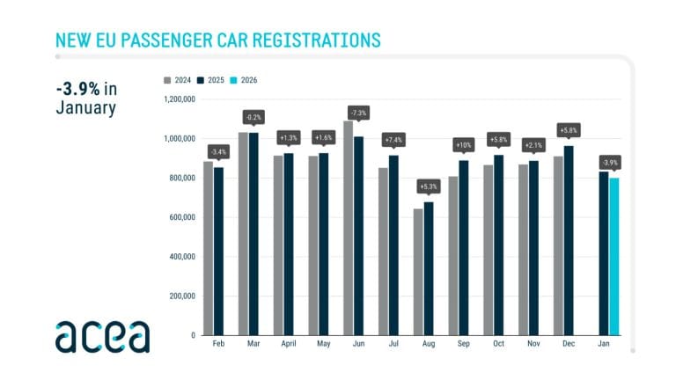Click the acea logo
tap(102, 335)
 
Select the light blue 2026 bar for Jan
tap(614, 256)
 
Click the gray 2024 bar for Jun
tap(348, 228)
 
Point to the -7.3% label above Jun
tap(358, 113)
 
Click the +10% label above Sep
tap(463, 143)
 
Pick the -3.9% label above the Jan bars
tap(608, 162)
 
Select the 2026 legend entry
tap(246, 80)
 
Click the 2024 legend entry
tap(178, 80)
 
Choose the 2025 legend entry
tap(211, 80)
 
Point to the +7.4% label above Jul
tap(393, 139)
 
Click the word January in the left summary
tap(85, 109)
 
